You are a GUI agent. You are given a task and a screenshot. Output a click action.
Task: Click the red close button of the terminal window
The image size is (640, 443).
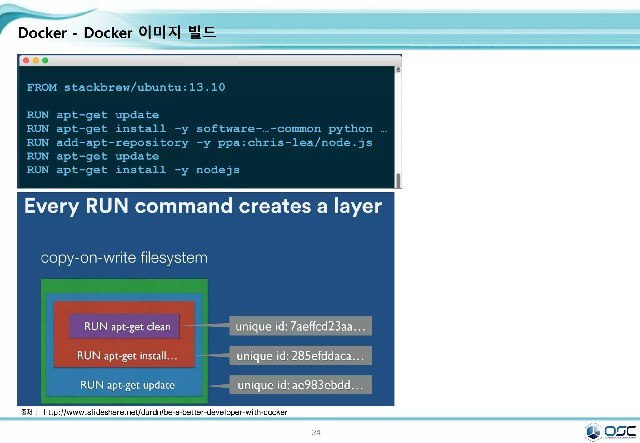[x=26, y=61]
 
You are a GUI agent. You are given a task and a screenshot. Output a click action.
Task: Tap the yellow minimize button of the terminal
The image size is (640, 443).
[x=36, y=61]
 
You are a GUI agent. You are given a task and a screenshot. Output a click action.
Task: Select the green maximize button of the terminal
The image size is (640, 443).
[x=46, y=61]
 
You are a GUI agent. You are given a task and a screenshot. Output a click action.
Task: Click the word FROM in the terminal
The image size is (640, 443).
[x=42, y=87]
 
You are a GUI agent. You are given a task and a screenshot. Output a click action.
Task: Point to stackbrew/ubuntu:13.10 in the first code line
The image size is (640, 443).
[x=144, y=87]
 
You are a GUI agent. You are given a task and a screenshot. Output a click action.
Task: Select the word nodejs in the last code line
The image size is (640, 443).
[x=218, y=170]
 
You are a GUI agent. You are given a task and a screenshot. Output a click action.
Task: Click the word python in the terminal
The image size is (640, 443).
[x=350, y=129]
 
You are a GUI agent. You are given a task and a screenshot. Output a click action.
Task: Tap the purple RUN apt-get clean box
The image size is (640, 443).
[x=124, y=326]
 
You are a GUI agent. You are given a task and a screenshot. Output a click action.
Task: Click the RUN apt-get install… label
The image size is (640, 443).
[x=127, y=356]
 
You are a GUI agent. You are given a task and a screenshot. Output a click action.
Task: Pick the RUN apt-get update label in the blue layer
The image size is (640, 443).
[x=127, y=385]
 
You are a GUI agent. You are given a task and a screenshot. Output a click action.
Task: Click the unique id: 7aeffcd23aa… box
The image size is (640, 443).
[x=301, y=326]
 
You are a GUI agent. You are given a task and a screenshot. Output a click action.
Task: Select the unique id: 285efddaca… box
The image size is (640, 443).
[x=301, y=356]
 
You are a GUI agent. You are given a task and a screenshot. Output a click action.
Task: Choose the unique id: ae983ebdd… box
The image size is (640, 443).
[x=301, y=385]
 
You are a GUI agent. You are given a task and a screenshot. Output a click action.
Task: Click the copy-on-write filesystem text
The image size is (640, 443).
[x=124, y=258]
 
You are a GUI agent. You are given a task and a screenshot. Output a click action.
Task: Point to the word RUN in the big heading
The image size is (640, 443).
[x=107, y=206]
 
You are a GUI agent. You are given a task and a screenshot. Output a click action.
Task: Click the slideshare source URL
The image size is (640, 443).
[x=165, y=412]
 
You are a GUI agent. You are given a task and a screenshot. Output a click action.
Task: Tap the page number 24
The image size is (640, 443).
[x=316, y=432]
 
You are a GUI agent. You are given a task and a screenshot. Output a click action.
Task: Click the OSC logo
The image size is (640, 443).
[x=610, y=432]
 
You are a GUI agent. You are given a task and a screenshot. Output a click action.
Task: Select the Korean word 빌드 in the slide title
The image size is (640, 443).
[x=202, y=32]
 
